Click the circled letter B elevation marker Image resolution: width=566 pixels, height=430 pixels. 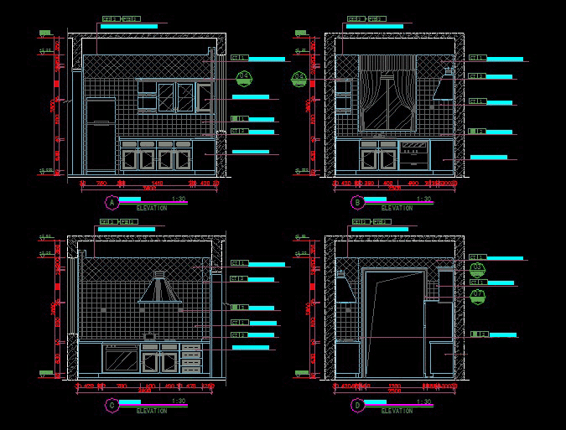[356, 202]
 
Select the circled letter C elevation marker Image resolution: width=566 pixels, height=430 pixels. [112, 406]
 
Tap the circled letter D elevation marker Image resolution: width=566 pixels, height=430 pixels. [356, 406]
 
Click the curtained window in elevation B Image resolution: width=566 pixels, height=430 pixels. [387, 94]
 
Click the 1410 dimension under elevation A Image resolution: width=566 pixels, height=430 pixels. [158, 183]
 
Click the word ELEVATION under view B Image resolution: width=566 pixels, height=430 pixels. [397, 208]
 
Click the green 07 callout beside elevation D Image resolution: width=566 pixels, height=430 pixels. [478, 294]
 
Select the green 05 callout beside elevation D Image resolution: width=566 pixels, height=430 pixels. [478, 269]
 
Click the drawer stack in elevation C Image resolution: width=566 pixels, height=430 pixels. [192, 358]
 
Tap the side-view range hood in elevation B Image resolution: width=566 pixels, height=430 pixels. [443, 85]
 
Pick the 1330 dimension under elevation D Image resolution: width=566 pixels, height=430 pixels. [393, 386]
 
